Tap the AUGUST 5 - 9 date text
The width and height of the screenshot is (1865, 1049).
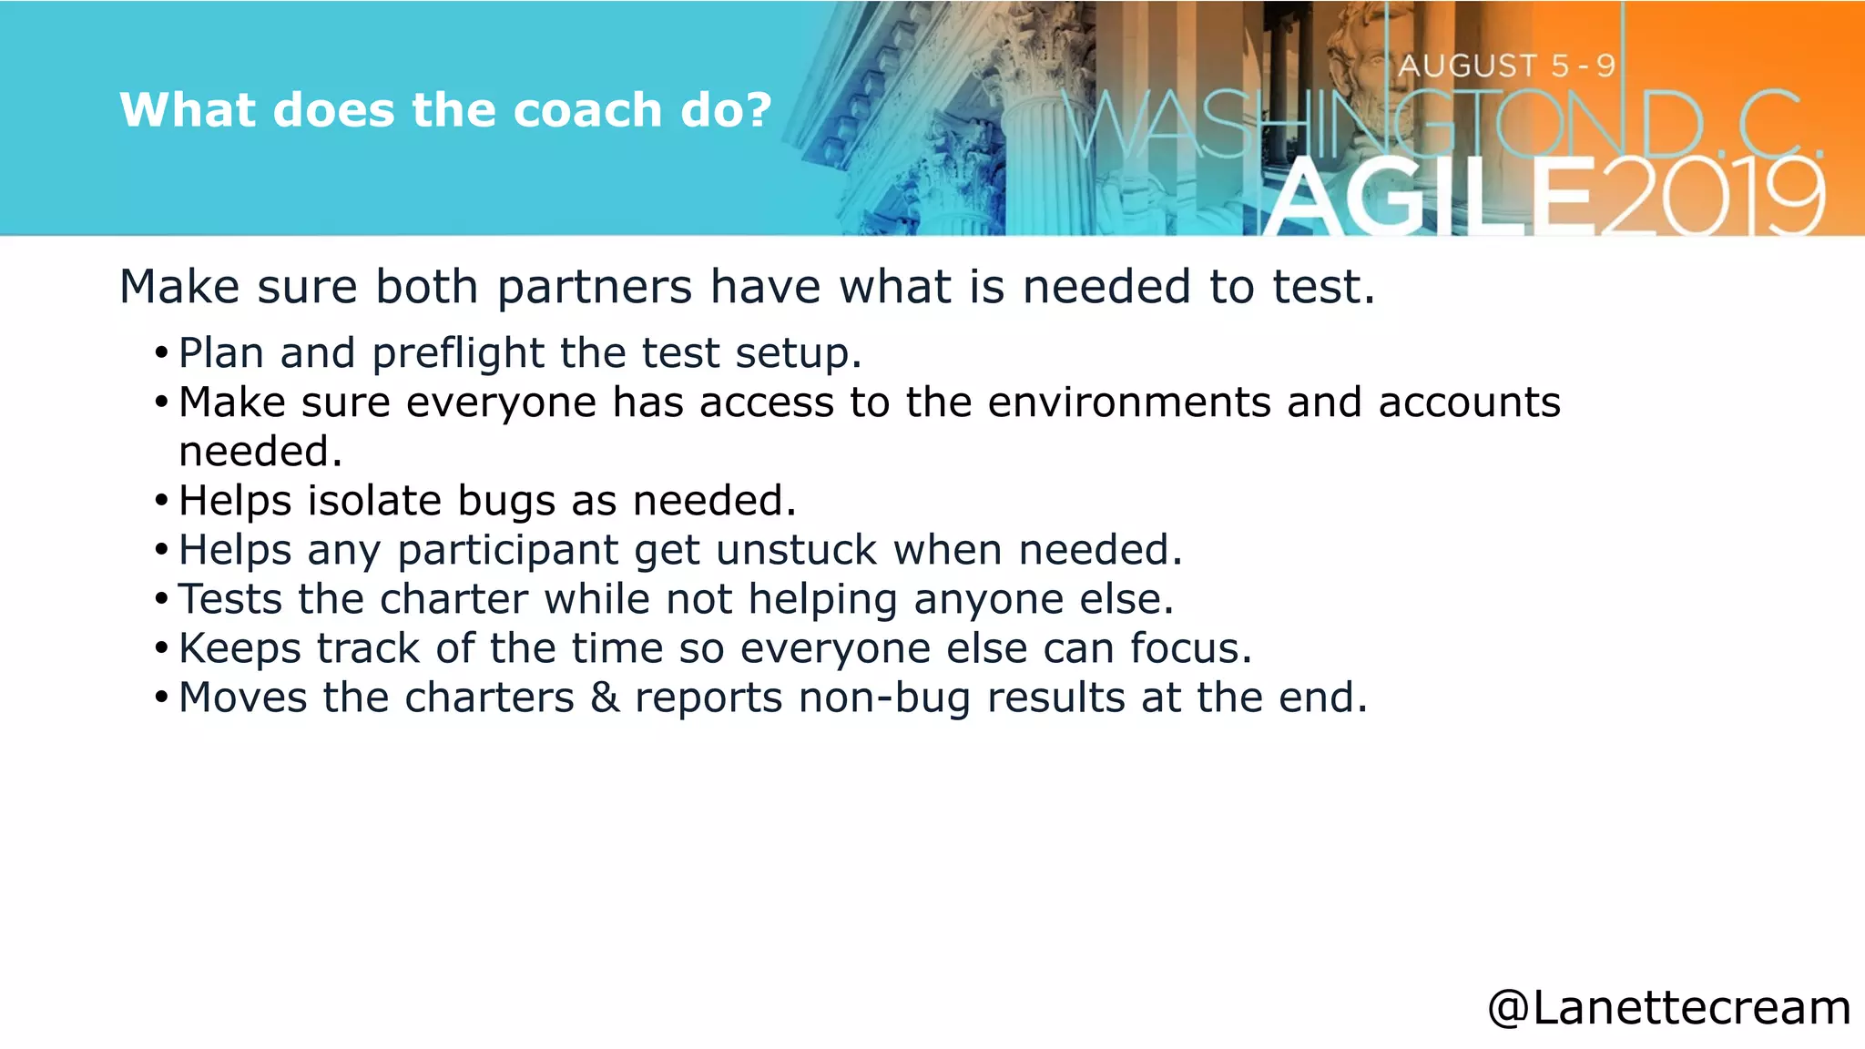pyautogui.click(x=1507, y=66)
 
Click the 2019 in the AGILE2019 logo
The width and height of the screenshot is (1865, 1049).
pyautogui.click(x=1710, y=196)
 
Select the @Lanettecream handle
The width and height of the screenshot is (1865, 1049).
pyautogui.click(x=1668, y=1008)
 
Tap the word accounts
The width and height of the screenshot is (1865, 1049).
pyautogui.click(x=1469, y=402)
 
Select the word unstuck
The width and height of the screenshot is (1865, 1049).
pyautogui.click(x=797, y=550)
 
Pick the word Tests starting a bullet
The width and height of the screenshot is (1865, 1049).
pyautogui.click(x=230, y=599)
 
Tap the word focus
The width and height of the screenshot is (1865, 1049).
pyautogui.click(x=1190, y=648)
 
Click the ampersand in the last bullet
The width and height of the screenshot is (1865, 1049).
pyautogui.click(x=605, y=698)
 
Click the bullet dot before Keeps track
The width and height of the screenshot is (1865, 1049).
pyautogui.click(x=161, y=649)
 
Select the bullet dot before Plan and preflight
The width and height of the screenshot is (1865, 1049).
pyautogui.click(x=161, y=354)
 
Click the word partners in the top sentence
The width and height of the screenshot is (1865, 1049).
pyautogui.click(x=595, y=288)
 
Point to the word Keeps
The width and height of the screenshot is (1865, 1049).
pyautogui.click(x=239, y=649)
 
